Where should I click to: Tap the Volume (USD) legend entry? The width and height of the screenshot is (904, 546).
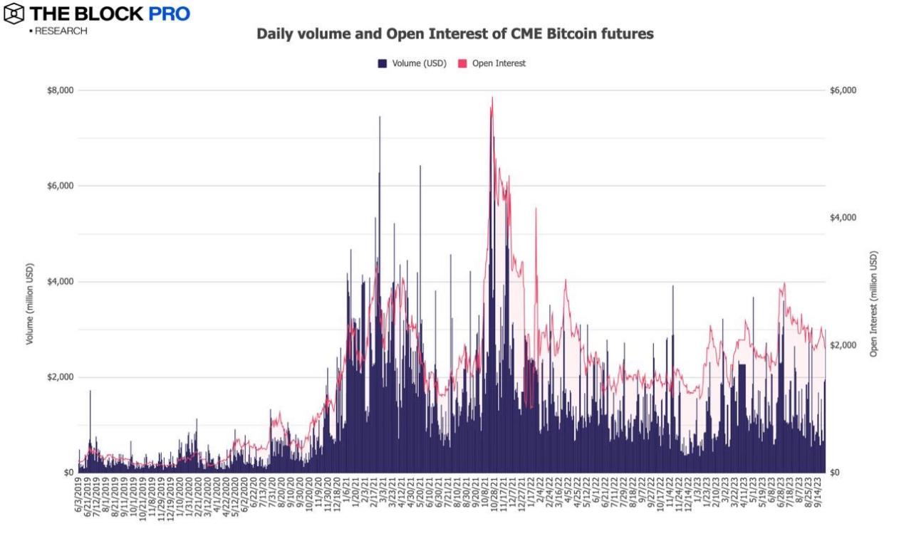click(413, 63)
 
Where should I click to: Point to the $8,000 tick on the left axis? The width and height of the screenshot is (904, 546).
click(60, 90)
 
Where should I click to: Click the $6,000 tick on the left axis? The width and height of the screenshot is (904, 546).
click(60, 186)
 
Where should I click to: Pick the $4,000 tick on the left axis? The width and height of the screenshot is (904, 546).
click(60, 281)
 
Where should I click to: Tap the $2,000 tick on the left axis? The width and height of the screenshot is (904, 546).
click(60, 377)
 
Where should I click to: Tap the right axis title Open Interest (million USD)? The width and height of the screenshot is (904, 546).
click(873, 303)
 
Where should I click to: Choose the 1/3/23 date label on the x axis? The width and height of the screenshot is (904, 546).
click(697, 495)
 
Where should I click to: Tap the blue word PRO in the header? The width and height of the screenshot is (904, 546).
click(169, 14)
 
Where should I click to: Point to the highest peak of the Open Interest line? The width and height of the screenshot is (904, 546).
click(492, 98)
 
